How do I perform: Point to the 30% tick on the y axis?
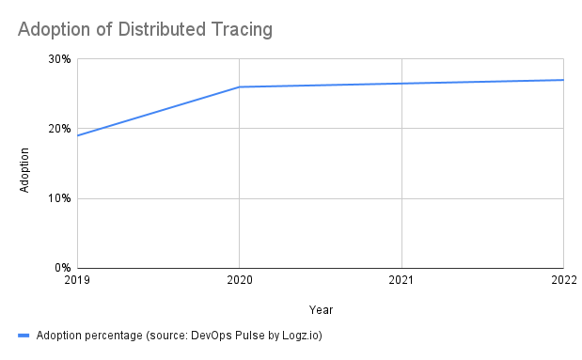pyautogui.click(x=60, y=59)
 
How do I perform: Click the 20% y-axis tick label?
pyautogui.click(x=60, y=129)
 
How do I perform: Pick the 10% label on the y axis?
pyautogui.click(x=60, y=198)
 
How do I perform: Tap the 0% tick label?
pyautogui.click(x=63, y=268)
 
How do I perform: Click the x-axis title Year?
pyautogui.click(x=320, y=309)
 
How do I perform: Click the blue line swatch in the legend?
pyautogui.click(x=24, y=335)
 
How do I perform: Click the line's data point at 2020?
pyautogui.click(x=240, y=87)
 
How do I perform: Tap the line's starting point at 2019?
pyautogui.click(x=78, y=135)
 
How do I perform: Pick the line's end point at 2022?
pyautogui.click(x=563, y=80)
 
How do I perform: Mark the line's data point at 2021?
pyautogui.click(x=401, y=84)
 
